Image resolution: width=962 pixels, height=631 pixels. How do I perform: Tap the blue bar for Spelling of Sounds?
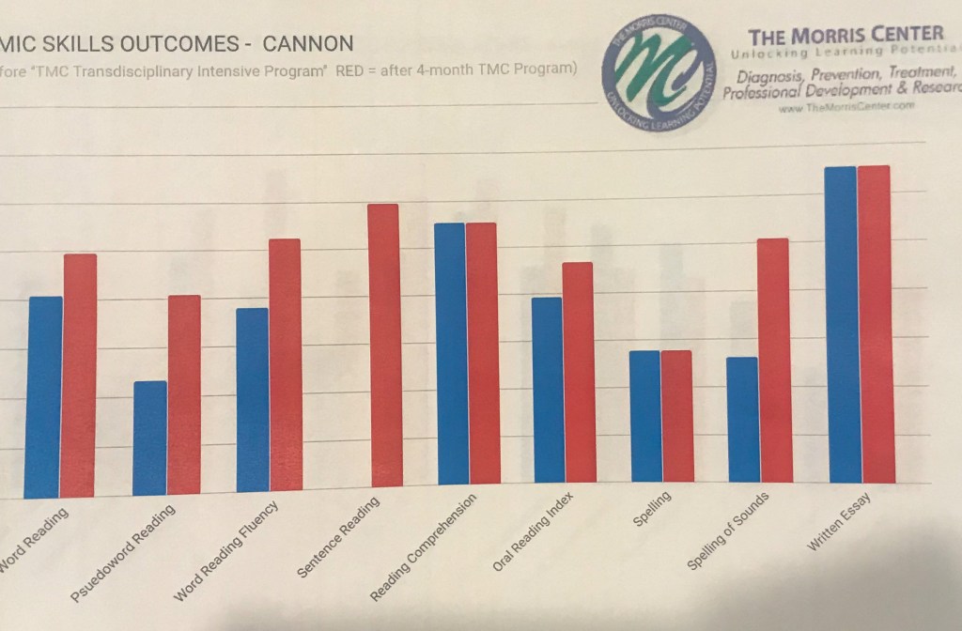coord(742,420)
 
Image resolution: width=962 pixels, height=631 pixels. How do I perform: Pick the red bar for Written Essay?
coord(874,324)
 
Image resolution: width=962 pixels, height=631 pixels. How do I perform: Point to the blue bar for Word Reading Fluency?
coord(252,400)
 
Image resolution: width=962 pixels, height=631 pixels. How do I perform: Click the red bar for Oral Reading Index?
coord(579,372)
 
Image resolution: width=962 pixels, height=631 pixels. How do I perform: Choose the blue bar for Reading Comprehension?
coord(452,354)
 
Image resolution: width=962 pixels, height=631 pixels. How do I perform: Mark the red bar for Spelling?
coord(676,416)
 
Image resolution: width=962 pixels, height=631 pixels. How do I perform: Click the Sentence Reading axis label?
coord(338,537)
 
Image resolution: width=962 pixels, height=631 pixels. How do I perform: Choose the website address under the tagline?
coord(846,107)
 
